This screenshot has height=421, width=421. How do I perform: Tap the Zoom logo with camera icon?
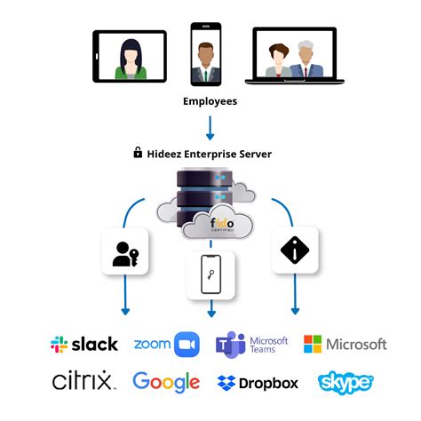pos(166,345)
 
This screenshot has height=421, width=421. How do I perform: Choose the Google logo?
pos(166,382)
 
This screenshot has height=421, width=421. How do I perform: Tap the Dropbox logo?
pos(258,383)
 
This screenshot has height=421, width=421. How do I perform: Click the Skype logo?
pos(345,382)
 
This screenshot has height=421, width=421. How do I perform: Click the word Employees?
pos(210,102)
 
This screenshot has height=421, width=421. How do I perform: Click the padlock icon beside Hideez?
pos(138,153)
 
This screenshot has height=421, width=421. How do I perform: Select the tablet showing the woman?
pos(129,56)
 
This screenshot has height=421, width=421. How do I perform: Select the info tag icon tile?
pos(294,251)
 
